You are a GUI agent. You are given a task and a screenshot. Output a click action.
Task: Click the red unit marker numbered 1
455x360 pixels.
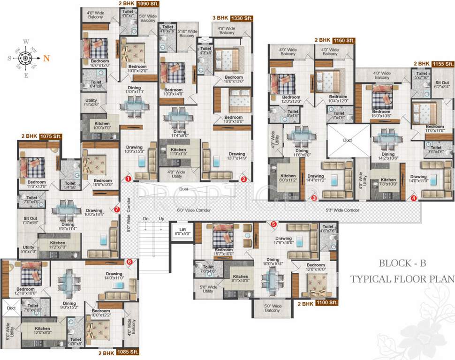pos(128,179)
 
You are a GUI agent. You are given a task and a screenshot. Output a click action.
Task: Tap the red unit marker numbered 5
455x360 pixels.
pos(273,225)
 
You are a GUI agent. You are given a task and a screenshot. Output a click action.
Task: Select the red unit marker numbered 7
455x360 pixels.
pos(117,210)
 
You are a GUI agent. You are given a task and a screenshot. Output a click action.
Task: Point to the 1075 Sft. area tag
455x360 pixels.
pos(52,136)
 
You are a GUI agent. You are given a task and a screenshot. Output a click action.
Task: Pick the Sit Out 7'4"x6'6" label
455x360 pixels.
pos(28,221)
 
